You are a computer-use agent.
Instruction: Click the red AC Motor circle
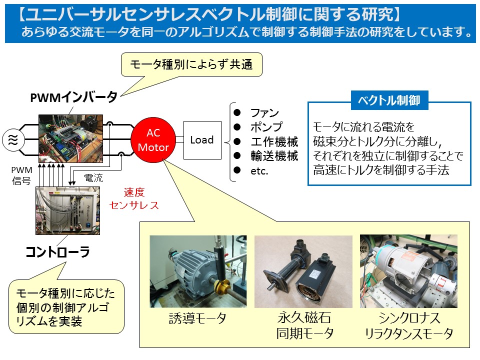[x=153, y=140]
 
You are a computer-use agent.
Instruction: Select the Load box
[x=202, y=140]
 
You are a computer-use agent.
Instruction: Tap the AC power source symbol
[x=13, y=140]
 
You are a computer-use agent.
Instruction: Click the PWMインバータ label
[x=74, y=97]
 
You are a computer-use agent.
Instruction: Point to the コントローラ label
[x=58, y=252]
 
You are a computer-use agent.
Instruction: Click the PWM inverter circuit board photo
[x=70, y=138]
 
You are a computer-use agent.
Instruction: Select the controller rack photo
[x=67, y=210]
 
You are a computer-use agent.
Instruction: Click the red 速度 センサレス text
[x=134, y=198]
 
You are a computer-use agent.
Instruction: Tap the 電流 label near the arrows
[x=93, y=177]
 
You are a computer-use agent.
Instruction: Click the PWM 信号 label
[x=21, y=175]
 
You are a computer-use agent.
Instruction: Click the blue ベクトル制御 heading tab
[x=389, y=100]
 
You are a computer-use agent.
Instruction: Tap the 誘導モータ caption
[x=198, y=318]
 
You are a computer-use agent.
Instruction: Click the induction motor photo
[x=198, y=271]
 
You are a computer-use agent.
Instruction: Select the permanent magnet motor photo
[x=303, y=271]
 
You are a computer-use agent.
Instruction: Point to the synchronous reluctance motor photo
[x=408, y=271]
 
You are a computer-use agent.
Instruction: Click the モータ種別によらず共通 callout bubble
[x=191, y=64]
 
